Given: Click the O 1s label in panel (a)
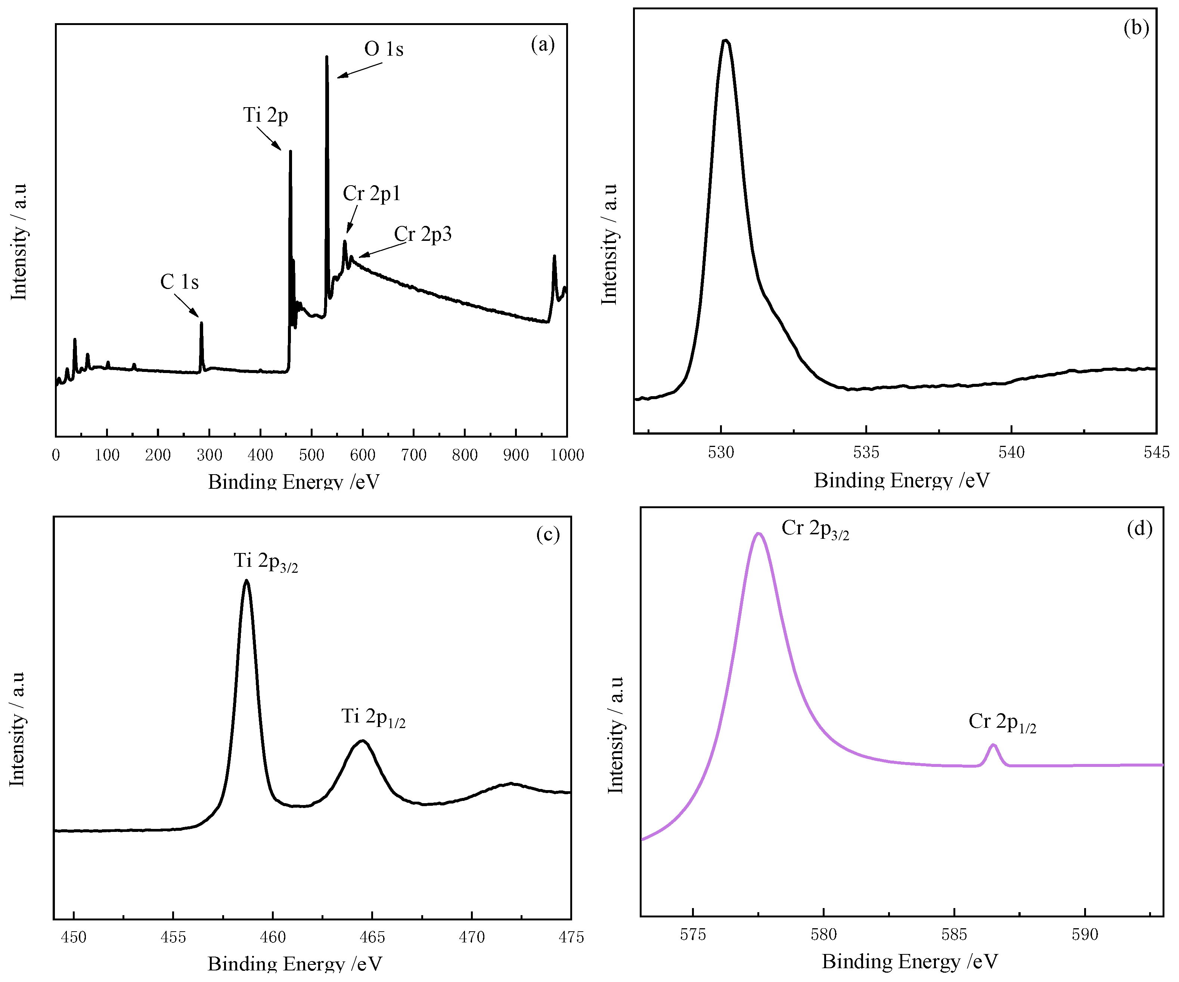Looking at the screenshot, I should click(x=384, y=49).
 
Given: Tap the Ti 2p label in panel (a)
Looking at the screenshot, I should click(x=265, y=115).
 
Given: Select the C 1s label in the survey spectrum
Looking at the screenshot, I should click(x=179, y=282).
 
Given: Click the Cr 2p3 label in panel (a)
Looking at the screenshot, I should click(x=422, y=234).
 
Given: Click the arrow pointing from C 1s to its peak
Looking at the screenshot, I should click(x=186, y=305).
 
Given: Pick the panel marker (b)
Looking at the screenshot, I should click(x=1136, y=28).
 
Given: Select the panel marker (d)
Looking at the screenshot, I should click(x=1139, y=528).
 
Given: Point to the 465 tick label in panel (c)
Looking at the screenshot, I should click(x=372, y=937).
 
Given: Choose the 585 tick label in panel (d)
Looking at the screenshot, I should click(x=954, y=934).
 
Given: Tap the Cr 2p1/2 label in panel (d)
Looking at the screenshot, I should click(x=1002, y=722).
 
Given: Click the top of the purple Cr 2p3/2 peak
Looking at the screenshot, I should click(x=758, y=534).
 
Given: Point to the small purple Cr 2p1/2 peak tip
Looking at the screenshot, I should click(x=994, y=745).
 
